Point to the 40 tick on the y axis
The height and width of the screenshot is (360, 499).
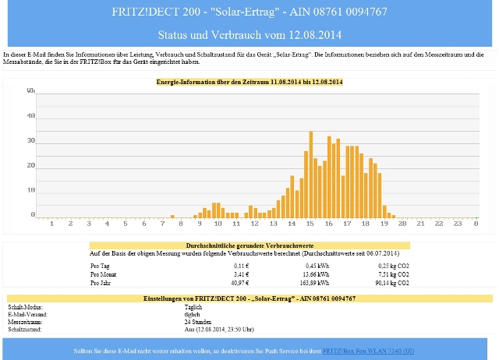(31, 116)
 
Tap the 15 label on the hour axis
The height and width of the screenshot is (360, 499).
(310, 224)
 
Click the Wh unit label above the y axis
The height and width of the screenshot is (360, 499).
(31, 91)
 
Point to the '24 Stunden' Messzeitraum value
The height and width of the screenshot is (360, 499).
(188, 321)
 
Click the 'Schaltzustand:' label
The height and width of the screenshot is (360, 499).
(26, 329)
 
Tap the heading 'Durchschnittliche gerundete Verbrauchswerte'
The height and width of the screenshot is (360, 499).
(249, 245)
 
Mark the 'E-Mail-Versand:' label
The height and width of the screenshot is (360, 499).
(28, 313)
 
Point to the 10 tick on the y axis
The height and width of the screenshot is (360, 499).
(31, 190)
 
